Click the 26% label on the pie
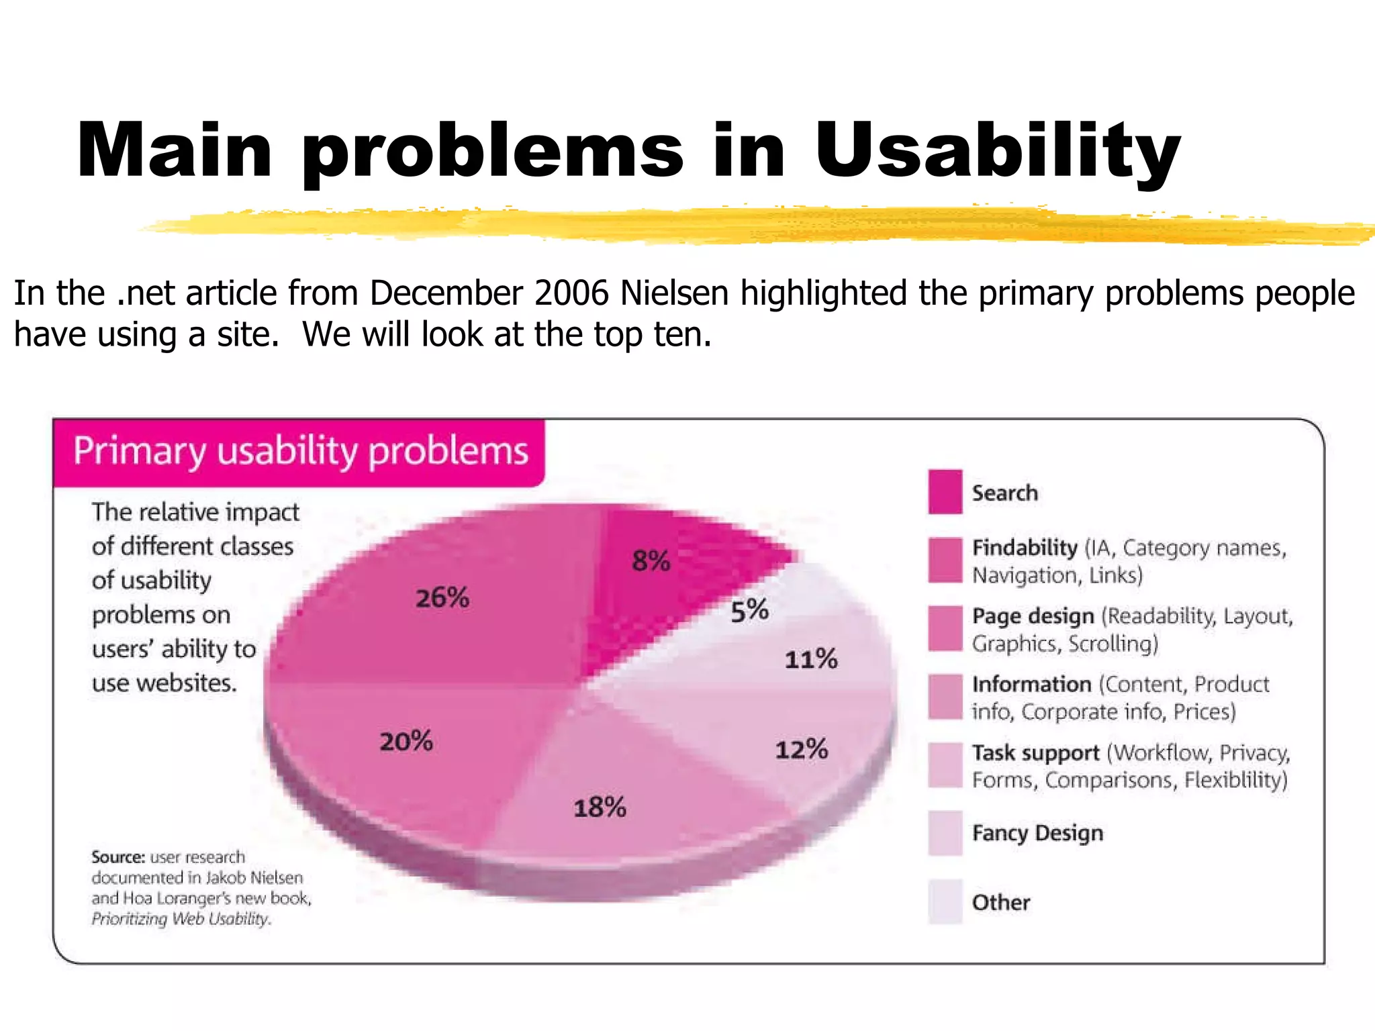point(442,597)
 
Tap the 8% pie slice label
point(651,560)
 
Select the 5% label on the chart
point(749,611)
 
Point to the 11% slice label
point(811,659)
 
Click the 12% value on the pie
point(802,749)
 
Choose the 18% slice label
point(600,807)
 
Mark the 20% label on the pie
point(406,742)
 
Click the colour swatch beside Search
point(945,492)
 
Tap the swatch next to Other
point(945,901)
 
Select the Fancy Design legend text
point(1037,833)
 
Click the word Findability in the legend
point(1025,548)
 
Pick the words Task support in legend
point(1036,753)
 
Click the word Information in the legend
point(1032,685)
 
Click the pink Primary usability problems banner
point(300,451)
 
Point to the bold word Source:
point(118,857)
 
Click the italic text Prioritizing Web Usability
point(181,919)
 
